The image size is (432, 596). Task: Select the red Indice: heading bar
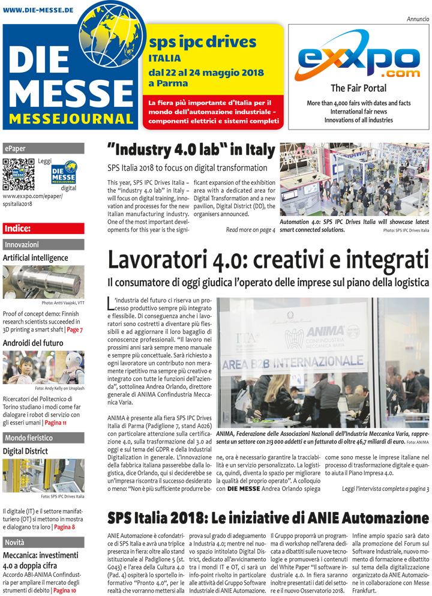[43, 228]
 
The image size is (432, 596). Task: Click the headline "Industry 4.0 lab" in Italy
[191, 149]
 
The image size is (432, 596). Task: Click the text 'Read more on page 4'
[250, 229]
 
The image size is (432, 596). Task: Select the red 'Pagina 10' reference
[67, 591]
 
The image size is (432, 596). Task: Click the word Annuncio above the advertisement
[418, 19]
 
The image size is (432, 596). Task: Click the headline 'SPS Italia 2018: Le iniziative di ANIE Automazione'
[268, 518]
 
